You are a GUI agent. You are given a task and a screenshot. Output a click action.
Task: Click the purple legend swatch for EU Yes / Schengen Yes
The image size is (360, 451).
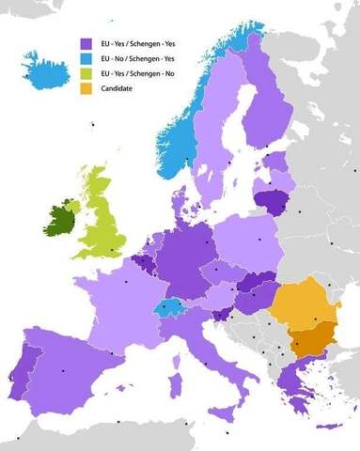pyautogui.click(x=85, y=42)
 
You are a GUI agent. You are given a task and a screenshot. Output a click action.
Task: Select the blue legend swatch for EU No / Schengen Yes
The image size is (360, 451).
pyautogui.click(x=85, y=57)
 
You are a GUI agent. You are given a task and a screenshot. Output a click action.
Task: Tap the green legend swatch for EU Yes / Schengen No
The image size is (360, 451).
pyautogui.click(x=85, y=72)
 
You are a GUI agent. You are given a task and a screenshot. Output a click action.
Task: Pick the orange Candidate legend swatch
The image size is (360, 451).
pyautogui.click(x=85, y=87)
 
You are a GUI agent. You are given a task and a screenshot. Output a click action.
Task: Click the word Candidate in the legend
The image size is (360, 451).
pyautogui.click(x=116, y=87)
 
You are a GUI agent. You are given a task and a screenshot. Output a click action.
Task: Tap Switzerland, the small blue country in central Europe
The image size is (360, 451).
pyautogui.click(x=172, y=308)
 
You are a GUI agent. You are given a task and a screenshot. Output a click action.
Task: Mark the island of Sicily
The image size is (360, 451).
pyautogui.click(x=221, y=412)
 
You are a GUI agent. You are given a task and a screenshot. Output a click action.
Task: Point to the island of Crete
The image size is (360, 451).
pyautogui.click(x=325, y=427)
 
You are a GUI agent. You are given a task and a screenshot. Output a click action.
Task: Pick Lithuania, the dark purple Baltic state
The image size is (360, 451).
pyautogui.click(x=272, y=200)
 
